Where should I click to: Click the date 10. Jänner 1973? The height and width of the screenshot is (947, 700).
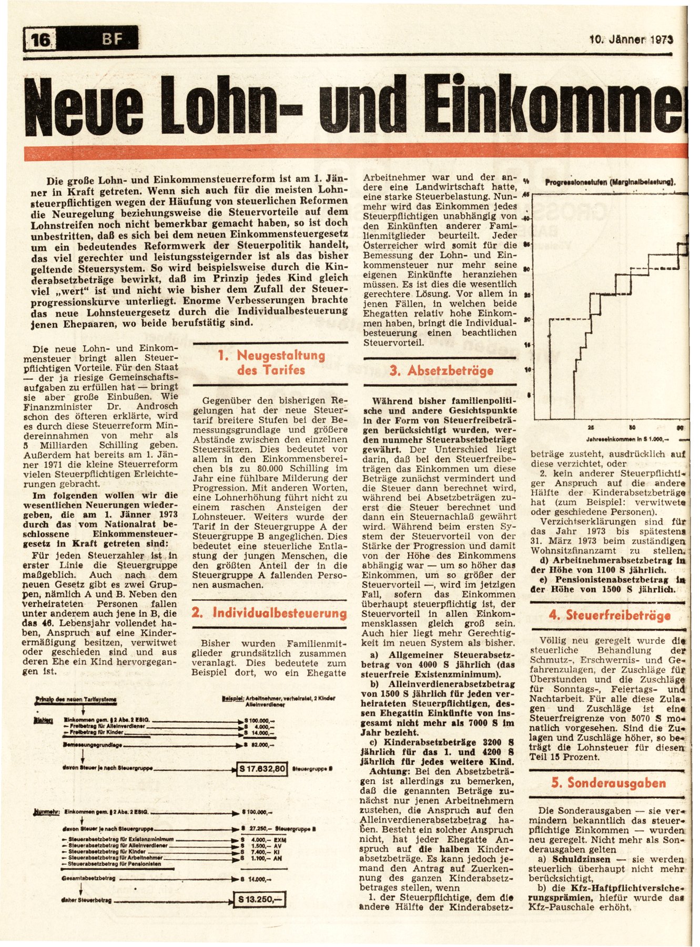pos(631,39)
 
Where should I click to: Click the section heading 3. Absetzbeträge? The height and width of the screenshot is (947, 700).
pos(441,371)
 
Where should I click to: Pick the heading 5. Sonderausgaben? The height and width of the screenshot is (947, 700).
pos(608,783)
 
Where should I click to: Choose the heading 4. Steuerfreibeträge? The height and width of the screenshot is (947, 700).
pos(610,616)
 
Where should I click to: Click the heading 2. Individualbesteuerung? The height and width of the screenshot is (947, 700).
pos(269,613)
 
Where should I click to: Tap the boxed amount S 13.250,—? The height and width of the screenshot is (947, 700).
pos(259,900)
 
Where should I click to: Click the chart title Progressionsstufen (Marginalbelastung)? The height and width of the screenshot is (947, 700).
pos(610,183)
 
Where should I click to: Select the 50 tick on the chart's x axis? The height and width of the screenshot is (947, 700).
pos(632,427)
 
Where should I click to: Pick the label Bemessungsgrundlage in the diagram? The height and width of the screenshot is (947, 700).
pos(93,745)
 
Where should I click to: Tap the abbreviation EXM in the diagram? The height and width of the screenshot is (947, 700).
pos(281,840)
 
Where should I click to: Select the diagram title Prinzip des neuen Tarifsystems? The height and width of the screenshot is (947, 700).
pos(76,699)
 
